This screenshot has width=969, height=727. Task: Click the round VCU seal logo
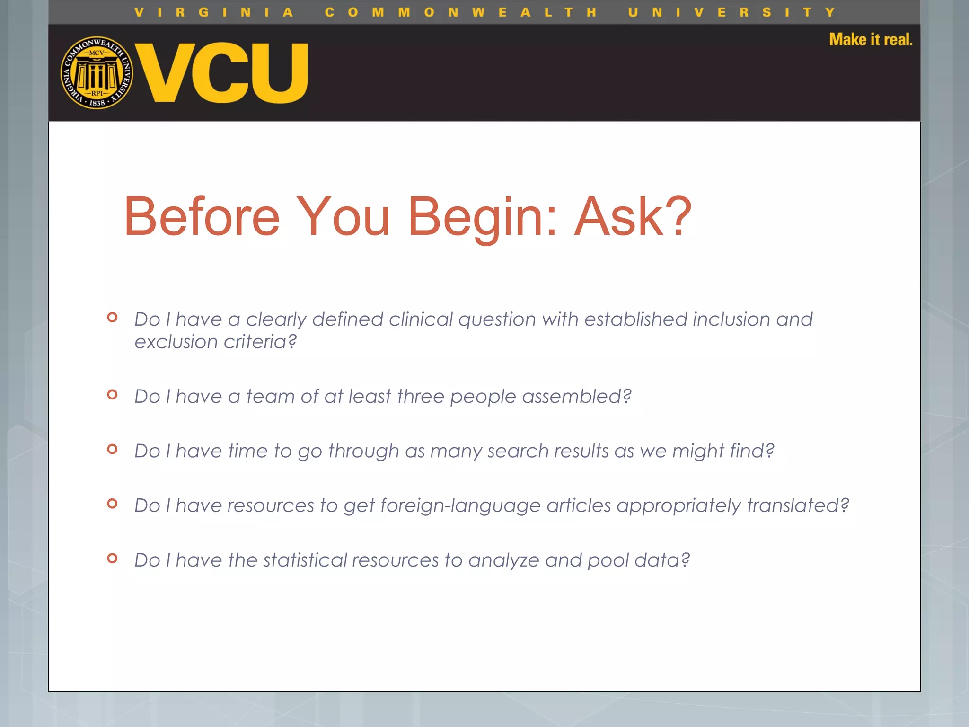click(x=97, y=73)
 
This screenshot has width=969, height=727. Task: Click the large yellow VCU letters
click(x=222, y=73)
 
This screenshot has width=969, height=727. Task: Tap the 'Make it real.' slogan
click(x=870, y=39)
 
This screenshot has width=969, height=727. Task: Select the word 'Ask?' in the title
click(x=633, y=217)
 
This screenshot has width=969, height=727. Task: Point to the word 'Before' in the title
click(x=202, y=217)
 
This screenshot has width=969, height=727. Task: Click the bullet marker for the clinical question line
click(x=112, y=317)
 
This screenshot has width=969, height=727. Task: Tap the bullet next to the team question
click(x=112, y=394)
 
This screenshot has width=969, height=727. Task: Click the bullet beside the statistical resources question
click(x=112, y=558)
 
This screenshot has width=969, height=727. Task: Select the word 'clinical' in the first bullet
click(x=421, y=319)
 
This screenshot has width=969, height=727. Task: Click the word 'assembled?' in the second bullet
click(x=577, y=397)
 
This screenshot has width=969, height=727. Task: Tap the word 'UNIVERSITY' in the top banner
click(x=731, y=12)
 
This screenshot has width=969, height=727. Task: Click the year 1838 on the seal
click(x=97, y=103)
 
